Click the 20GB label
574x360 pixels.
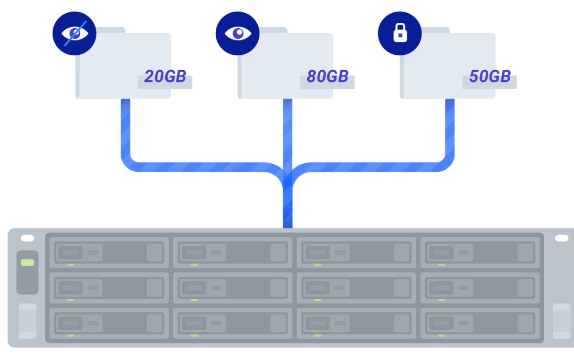(x=165, y=77)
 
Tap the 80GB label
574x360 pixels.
(x=327, y=77)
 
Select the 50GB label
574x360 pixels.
(x=489, y=77)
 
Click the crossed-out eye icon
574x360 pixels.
(x=74, y=34)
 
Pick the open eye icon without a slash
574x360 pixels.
(x=237, y=34)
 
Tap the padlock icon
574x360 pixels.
(x=400, y=34)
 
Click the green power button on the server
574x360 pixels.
(x=28, y=263)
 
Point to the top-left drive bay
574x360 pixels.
(x=109, y=252)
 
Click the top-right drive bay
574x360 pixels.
(x=480, y=252)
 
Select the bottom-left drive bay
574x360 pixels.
(x=109, y=323)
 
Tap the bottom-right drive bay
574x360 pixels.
(x=480, y=323)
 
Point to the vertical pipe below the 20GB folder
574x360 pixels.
(x=126, y=128)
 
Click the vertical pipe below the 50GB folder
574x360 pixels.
(x=450, y=128)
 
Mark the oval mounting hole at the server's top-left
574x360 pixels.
(x=27, y=238)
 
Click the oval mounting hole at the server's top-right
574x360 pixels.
(x=561, y=238)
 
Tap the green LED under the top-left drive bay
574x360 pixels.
(x=71, y=265)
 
